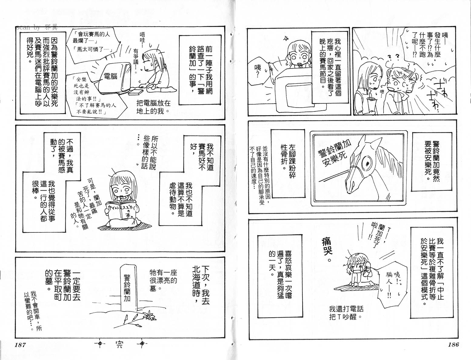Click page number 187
(x=20, y=345)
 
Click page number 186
(x=452, y=345)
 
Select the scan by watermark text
(x=37, y=28)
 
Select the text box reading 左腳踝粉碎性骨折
(x=288, y=163)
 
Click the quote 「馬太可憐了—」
(x=95, y=49)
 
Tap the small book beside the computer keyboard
(x=135, y=92)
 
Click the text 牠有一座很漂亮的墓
(x=163, y=280)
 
